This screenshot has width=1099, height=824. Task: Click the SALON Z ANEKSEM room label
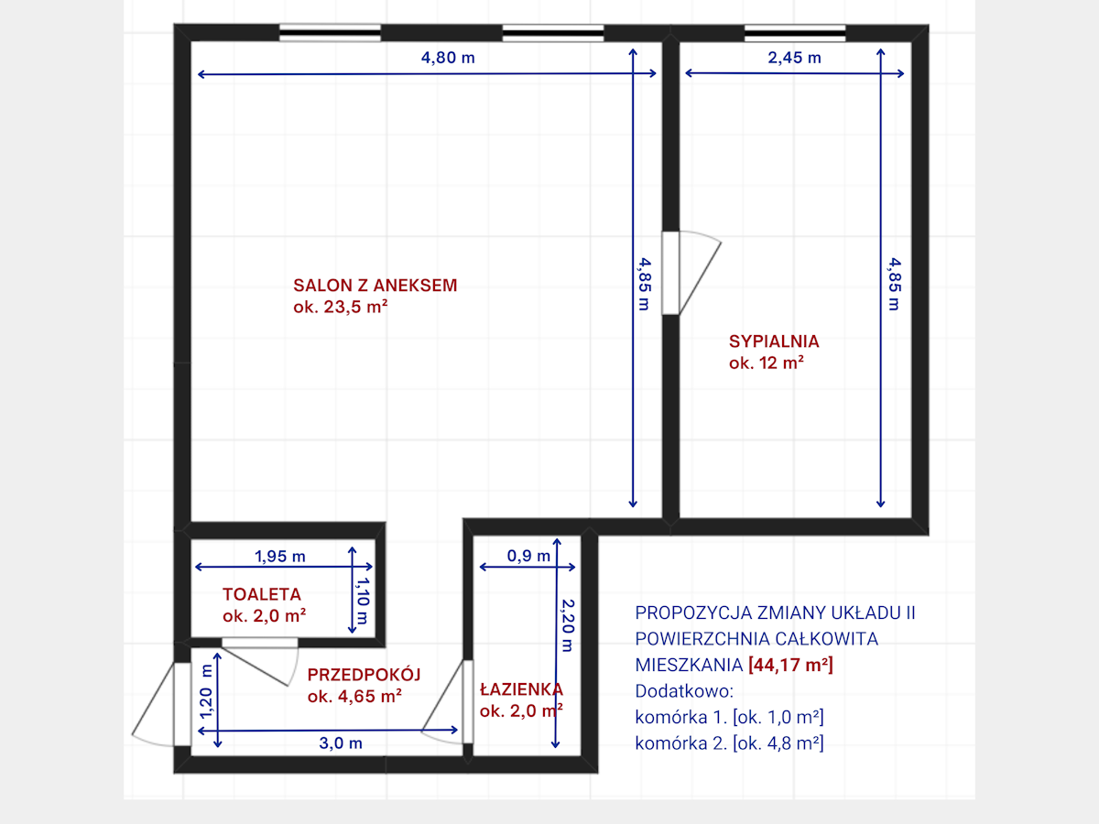point(375,285)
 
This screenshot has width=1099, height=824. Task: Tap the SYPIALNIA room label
point(774,342)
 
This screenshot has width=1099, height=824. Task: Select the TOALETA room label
point(262,594)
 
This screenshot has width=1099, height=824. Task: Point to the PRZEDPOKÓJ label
point(364,675)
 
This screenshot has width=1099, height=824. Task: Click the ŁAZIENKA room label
point(521,688)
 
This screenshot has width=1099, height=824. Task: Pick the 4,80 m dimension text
point(448,58)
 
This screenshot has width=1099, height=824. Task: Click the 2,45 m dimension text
point(795,58)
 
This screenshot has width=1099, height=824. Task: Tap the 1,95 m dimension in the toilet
point(280,556)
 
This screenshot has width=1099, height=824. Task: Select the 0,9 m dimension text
point(528,556)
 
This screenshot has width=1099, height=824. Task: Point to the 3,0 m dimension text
point(341,743)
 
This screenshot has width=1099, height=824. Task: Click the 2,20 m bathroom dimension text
point(568,625)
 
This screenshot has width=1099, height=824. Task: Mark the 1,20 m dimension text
point(206,691)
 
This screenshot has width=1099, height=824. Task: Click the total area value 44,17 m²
point(790,665)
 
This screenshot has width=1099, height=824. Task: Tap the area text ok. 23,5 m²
point(341,306)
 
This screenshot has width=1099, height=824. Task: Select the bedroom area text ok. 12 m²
point(766,363)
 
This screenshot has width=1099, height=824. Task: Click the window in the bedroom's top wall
point(795,33)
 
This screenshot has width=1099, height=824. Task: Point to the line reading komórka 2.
point(730,743)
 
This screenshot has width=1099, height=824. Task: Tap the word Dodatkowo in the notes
point(684,691)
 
